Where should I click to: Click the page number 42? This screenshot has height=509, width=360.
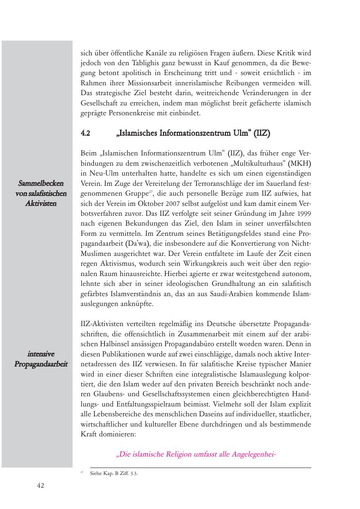[41, 486]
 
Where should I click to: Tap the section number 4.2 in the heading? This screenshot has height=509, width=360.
[85, 133]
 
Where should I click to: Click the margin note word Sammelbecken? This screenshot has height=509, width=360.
[41, 183]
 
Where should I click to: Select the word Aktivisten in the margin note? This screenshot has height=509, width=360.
[41, 203]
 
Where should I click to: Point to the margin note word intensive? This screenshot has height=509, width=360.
[41, 354]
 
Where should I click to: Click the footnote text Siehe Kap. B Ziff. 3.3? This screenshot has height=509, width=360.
[114, 474]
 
